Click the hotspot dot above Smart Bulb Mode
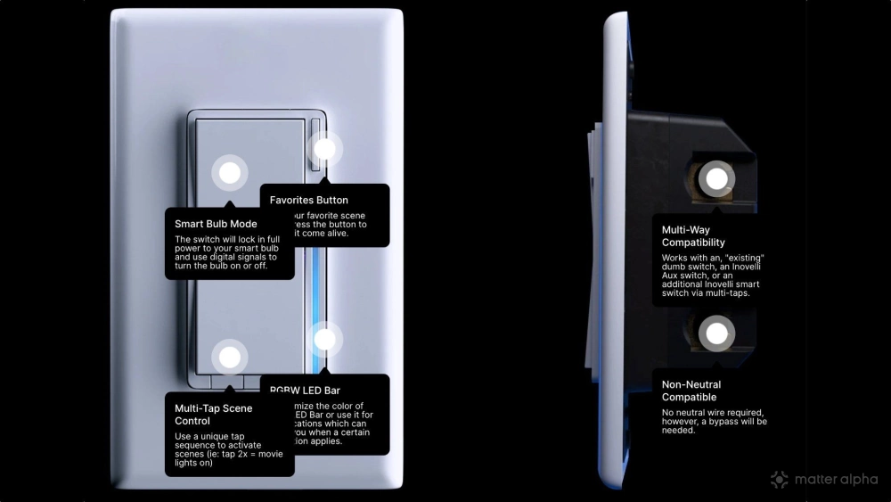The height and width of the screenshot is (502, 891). coord(230,173)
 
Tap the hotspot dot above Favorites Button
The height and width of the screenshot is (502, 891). coord(325,149)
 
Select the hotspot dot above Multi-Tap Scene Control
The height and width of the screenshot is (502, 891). coord(230,358)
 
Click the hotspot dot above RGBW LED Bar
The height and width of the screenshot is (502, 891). coord(325,339)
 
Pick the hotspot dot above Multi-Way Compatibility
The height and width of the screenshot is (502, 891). coord(715,178)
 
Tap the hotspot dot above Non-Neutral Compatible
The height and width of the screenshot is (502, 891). coord(715,335)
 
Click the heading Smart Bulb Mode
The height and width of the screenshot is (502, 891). coord(216,224)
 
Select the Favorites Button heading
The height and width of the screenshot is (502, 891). coord(309,200)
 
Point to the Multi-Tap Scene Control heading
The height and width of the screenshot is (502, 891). coord(214,415)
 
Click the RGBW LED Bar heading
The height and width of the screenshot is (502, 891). coord(305,390)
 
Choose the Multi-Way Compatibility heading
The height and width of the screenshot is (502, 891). coord(693,236)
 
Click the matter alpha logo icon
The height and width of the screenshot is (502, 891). coord(780,480)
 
